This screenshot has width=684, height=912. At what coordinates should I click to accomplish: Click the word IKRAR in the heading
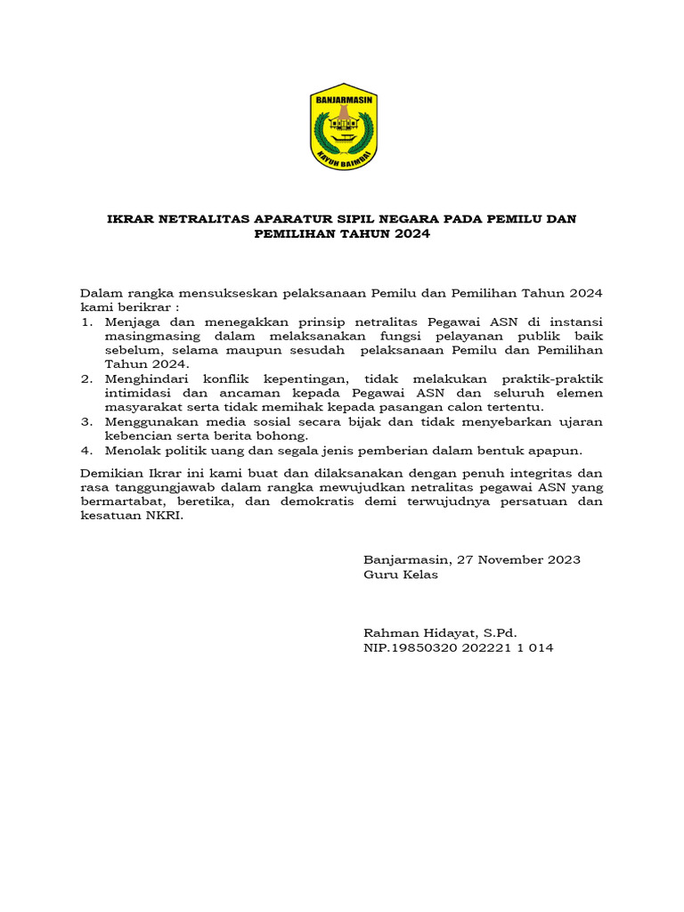click(x=130, y=218)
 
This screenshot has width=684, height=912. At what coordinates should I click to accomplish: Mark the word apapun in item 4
click(x=557, y=450)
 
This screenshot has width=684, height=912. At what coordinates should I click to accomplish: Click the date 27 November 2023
click(x=519, y=559)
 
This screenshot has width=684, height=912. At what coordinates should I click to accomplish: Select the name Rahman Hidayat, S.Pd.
click(x=440, y=633)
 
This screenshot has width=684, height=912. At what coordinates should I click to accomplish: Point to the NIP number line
click(x=458, y=647)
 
